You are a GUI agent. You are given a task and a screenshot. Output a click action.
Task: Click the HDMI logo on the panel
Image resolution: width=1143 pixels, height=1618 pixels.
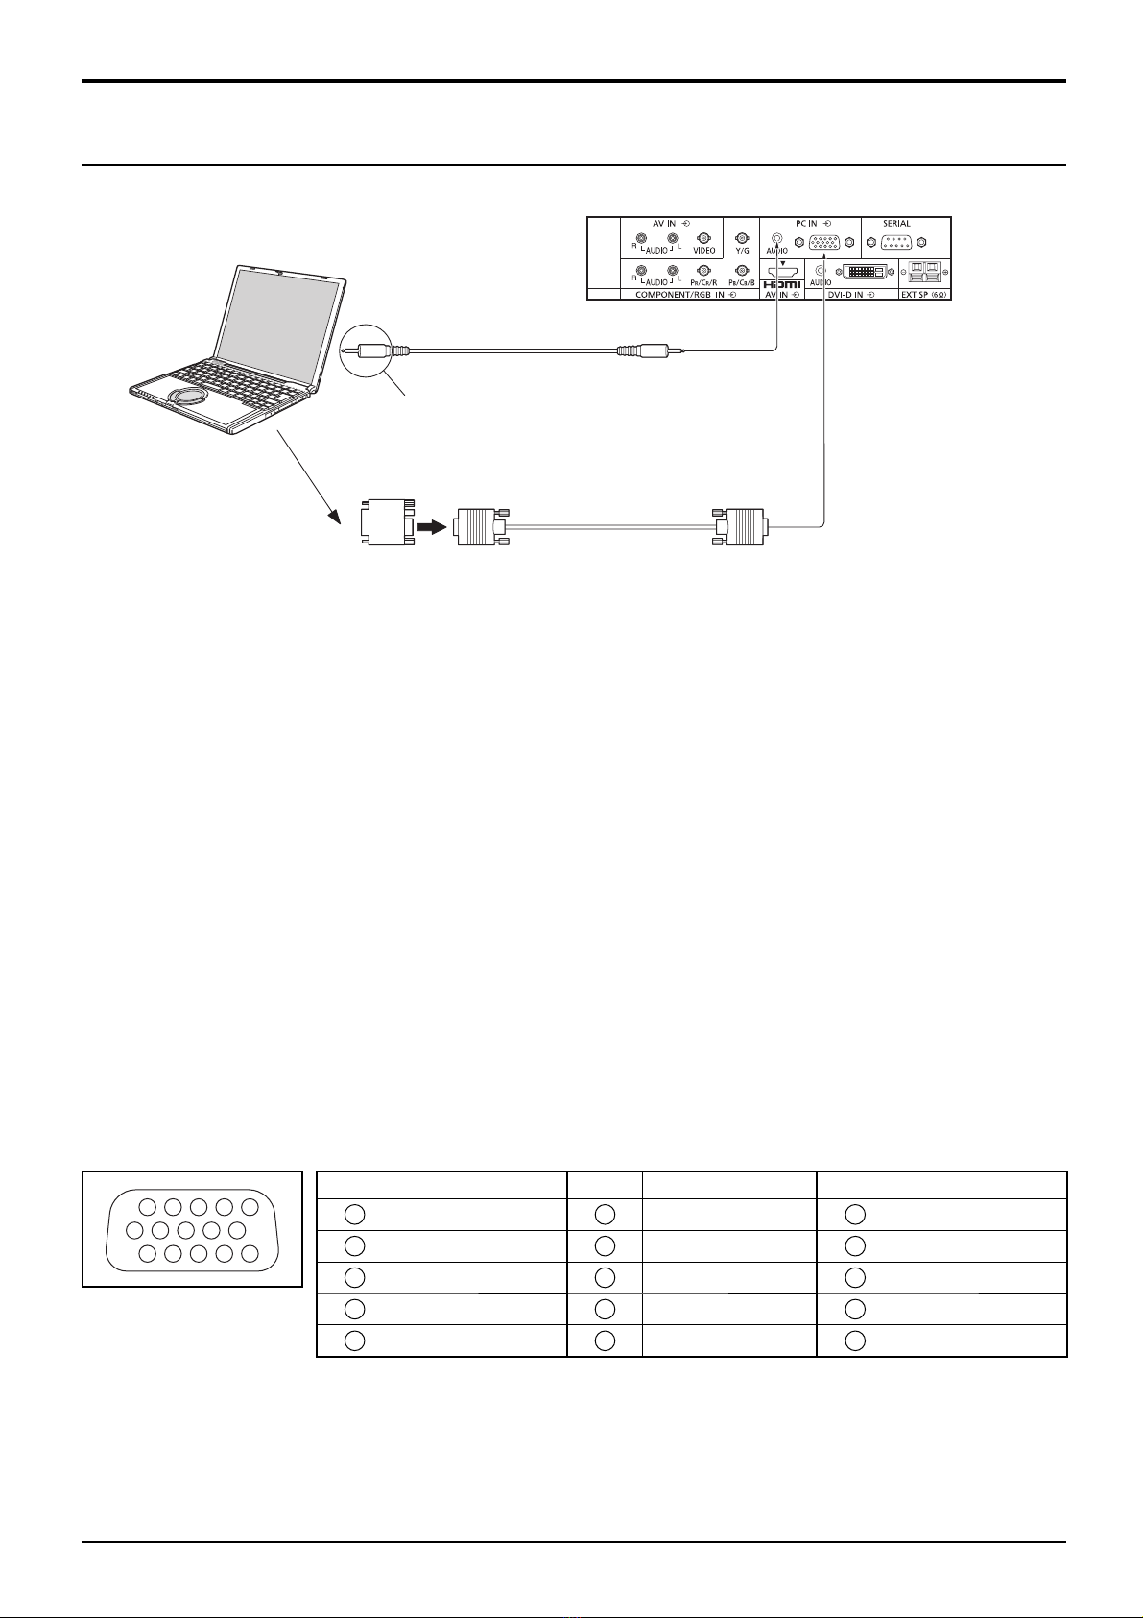click(x=783, y=285)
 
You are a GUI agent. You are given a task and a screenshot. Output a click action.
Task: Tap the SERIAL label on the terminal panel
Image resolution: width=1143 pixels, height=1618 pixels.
click(x=896, y=223)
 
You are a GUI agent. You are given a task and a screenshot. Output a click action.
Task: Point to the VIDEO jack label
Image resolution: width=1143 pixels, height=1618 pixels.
click(x=703, y=251)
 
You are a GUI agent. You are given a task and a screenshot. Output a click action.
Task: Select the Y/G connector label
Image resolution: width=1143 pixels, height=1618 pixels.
click(x=742, y=252)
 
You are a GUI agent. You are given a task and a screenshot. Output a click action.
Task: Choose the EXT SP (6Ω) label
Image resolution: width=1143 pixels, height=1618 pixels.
click(x=922, y=295)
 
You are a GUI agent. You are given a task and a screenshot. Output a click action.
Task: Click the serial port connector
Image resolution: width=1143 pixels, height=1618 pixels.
click(x=895, y=241)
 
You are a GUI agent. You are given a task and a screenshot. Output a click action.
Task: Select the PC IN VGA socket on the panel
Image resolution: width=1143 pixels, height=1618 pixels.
click(x=819, y=241)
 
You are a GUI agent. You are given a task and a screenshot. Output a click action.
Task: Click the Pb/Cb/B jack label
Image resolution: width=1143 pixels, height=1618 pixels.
click(x=742, y=284)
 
